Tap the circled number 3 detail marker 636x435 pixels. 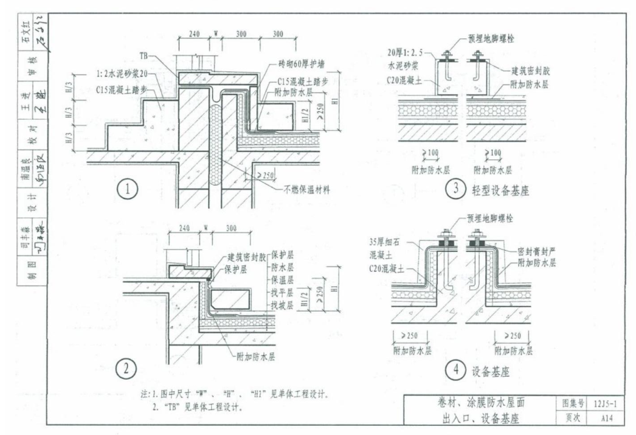click(x=455, y=189)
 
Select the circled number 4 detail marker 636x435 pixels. click(x=455, y=369)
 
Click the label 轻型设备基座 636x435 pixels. click(x=501, y=190)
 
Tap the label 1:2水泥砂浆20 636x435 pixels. click(x=121, y=75)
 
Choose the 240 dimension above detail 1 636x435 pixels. click(x=194, y=34)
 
